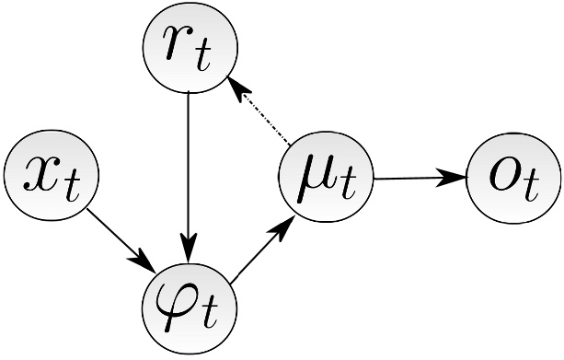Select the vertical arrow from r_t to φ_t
pyautogui.click(x=189, y=166)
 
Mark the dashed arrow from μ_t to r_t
pyautogui.click(x=262, y=115)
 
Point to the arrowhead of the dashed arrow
pyautogui.click(x=237, y=88)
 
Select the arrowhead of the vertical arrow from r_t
pyautogui.click(x=189, y=248)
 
